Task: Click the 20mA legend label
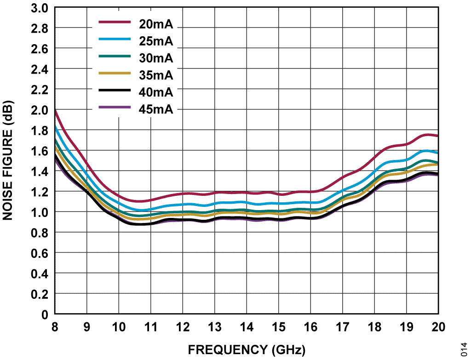coord(156,24)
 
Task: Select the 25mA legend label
coord(156,41)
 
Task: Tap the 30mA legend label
coord(156,58)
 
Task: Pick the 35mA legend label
coord(156,75)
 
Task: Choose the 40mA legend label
coord(156,92)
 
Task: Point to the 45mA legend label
coord(156,109)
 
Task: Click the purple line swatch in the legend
coord(115,107)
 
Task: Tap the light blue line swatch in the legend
coord(115,39)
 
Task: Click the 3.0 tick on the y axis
coord(40,8)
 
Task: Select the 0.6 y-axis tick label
coord(40,253)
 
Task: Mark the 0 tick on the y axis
coord(45,314)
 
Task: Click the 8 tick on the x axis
coord(55,327)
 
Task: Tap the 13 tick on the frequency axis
coord(215,327)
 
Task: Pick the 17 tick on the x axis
coord(343,327)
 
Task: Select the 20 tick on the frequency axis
coord(438,327)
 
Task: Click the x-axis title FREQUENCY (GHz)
coord(247,350)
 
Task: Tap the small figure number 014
coord(465,349)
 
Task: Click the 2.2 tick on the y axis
coord(40,90)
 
